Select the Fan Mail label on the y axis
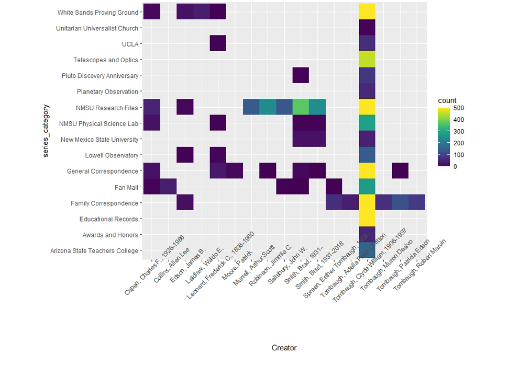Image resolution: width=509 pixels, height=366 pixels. (126, 187)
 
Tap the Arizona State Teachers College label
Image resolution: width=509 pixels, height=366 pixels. (94, 251)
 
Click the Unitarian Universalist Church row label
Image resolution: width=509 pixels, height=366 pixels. (97, 28)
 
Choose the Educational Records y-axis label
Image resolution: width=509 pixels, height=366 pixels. (109, 219)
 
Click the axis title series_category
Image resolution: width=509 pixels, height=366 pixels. (46, 132)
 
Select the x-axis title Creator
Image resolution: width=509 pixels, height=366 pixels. (284, 348)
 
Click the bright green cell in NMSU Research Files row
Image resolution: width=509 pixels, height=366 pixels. (301, 108)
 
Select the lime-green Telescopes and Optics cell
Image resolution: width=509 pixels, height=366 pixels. (367, 60)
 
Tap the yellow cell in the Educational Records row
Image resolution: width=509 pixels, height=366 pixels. (367, 219)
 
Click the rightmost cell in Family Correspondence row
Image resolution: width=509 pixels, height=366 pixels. (416, 203)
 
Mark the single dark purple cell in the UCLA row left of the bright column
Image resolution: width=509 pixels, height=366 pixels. (218, 44)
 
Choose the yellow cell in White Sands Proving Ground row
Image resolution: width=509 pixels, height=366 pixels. (367, 13)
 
